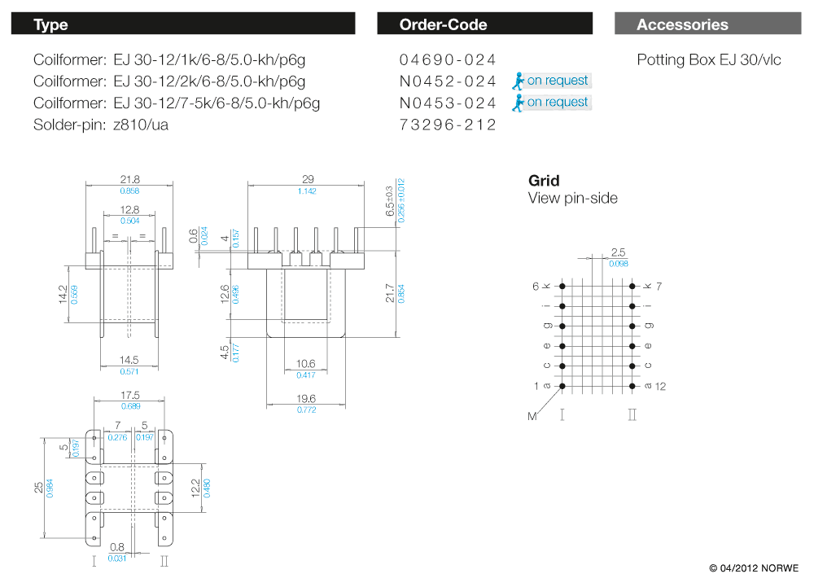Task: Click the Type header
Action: click(x=50, y=24)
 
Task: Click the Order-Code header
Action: click(x=443, y=24)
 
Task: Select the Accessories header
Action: click(x=682, y=24)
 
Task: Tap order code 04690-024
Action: click(x=448, y=59)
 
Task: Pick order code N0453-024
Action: click(x=448, y=103)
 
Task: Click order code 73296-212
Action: click(x=448, y=125)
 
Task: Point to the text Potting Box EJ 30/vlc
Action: click(x=708, y=59)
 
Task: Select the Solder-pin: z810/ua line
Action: click(x=101, y=125)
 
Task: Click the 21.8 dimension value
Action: click(x=130, y=179)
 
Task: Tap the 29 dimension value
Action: click(x=308, y=179)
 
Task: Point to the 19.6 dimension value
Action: click(x=306, y=399)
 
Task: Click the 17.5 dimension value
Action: click(x=130, y=396)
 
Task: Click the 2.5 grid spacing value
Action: click(x=619, y=252)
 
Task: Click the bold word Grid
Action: click(x=544, y=181)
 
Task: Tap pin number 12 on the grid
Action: click(x=660, y=386)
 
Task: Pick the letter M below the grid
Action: click(x=532, y=417)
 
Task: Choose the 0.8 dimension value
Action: click(x=118, y=547)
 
